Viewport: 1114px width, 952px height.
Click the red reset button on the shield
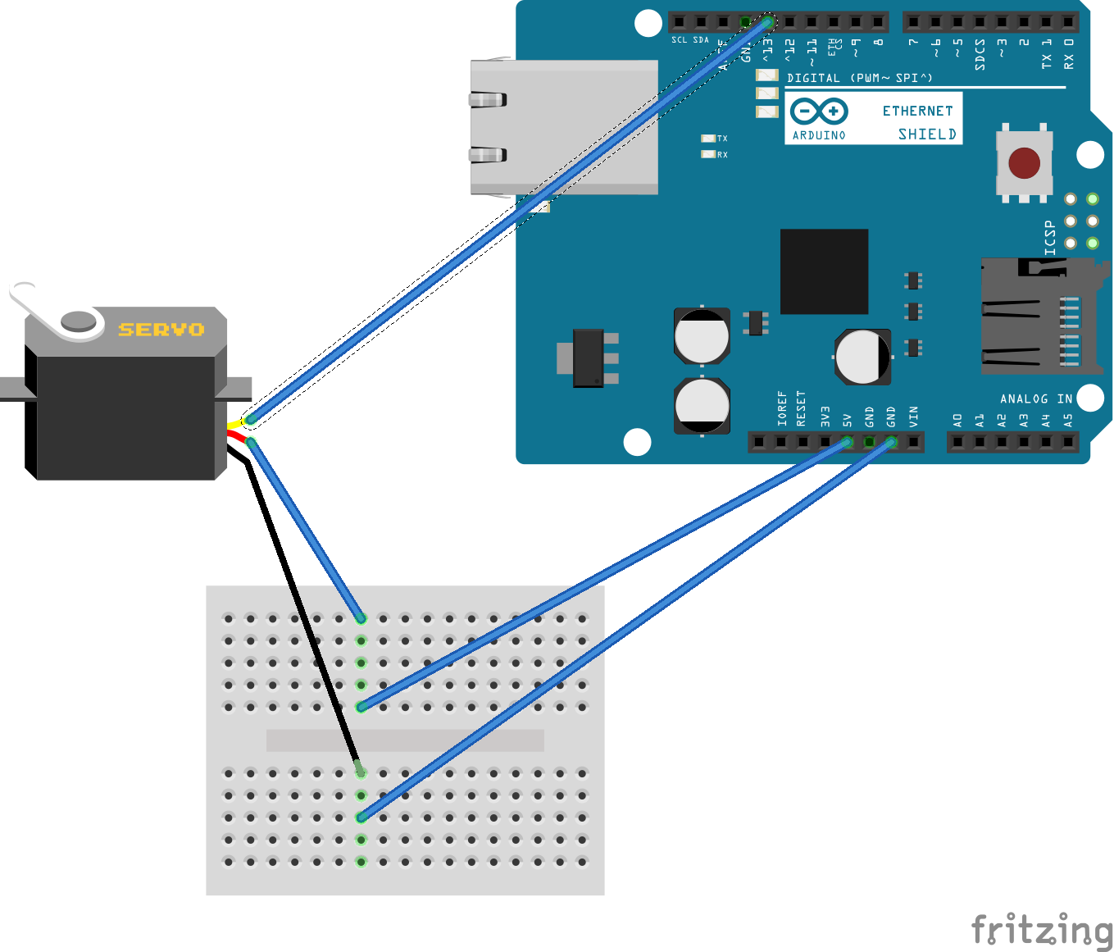(1024, 162)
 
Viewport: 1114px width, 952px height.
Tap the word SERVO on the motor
(161, 330)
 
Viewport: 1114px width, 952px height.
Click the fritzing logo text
(1041, 931)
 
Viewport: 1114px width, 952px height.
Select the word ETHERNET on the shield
(917, 111)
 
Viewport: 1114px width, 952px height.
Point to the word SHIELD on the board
(927, 134)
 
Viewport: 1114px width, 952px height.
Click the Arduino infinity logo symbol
(819, 111)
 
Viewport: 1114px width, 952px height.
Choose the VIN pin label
(914, 416)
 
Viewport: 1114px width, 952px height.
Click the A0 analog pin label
(957, 420)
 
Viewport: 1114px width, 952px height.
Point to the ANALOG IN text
(1036, 399)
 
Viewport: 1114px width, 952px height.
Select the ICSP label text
(1050, 238)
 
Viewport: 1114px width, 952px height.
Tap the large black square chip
(824, 271)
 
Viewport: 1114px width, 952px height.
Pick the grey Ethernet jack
(564, 127)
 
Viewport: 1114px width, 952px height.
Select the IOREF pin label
(781, 408)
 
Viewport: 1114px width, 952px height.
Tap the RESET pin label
(802, 408)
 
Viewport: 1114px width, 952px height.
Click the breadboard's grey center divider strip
(405, 740)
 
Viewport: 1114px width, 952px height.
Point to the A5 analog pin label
(1068, 420)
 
